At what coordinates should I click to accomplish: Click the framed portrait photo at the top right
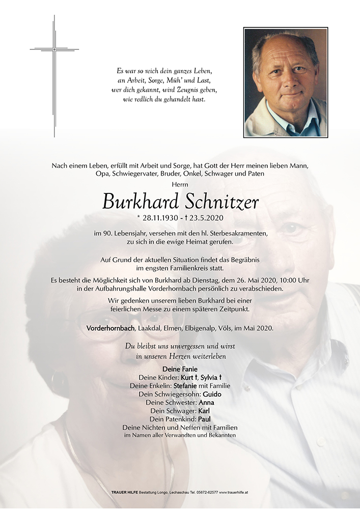point(285,82)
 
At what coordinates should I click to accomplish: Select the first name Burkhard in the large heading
point(140,202)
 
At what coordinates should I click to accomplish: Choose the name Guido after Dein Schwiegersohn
point(212,394)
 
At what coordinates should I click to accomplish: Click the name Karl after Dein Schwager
point(203,411)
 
